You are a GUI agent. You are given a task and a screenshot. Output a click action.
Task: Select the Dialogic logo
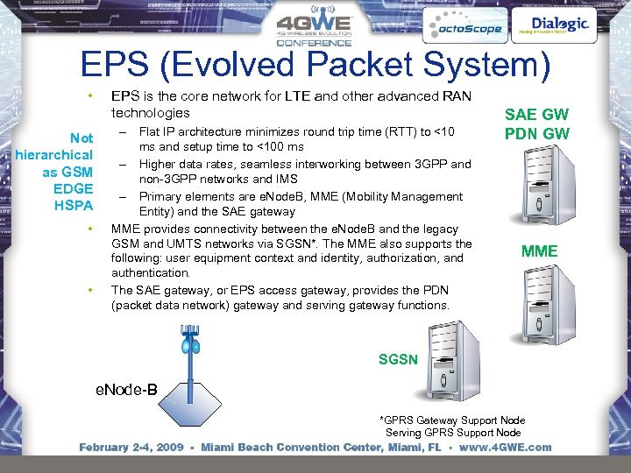560,25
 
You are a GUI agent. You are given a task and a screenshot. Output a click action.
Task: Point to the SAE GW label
536,115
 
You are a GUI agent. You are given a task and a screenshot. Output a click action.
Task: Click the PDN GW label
536,134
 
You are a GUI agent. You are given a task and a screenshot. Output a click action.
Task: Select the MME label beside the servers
539,251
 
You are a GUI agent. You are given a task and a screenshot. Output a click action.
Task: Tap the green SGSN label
398,360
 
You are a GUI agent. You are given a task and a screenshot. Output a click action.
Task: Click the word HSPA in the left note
74,206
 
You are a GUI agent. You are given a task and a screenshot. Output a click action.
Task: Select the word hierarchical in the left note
54,155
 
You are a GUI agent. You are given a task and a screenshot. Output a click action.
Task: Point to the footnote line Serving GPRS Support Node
453,433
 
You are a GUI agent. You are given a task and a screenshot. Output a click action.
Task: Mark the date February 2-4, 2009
131,448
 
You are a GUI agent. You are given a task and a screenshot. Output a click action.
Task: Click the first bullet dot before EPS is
89,95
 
